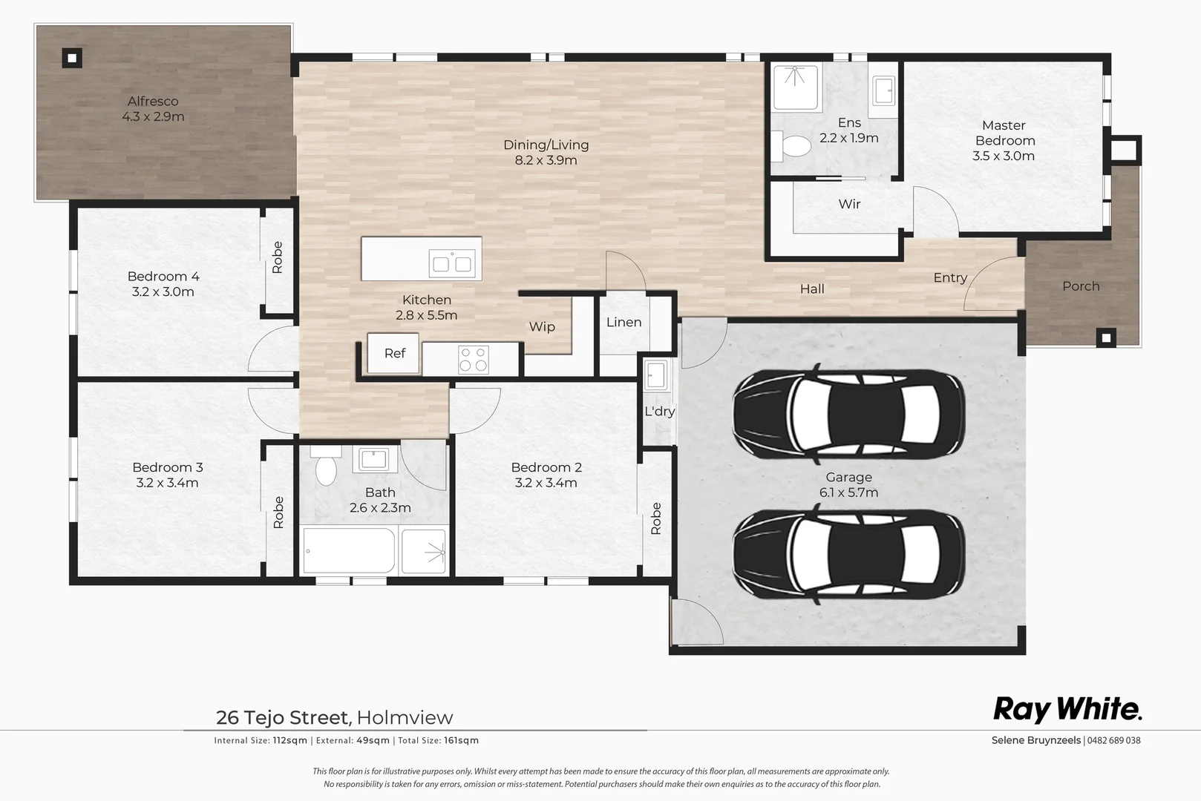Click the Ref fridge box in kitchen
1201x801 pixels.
(393, 353)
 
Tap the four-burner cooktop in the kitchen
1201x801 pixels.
(473, 360)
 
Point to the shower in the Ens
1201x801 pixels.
(795, 87)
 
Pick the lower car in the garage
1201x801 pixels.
(848, 551)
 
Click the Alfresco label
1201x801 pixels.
(153, 101)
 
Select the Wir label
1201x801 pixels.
(849, 204)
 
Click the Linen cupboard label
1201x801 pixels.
(624, 322)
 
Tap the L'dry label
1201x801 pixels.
(659, 411)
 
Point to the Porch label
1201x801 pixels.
(1080, 286)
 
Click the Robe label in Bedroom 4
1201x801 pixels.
(278, 257)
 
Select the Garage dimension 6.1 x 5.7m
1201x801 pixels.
(848, 492)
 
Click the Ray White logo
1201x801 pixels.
(1067, 710)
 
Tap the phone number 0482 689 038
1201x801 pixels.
(1114, 740)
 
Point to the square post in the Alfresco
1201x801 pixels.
(71, 58)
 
